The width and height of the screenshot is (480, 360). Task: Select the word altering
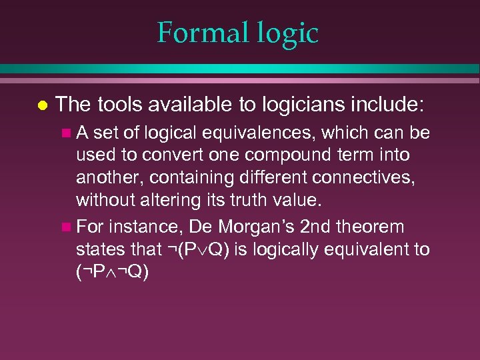(x=167, y=199)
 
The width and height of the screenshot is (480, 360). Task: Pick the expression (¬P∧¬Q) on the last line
(x=113, y=272)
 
